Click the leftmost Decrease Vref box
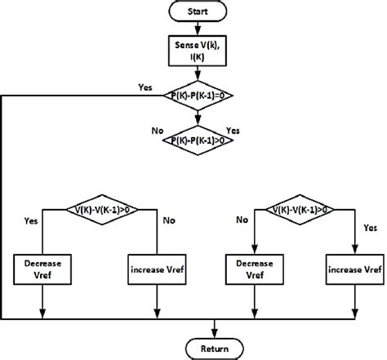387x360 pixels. [43, 269]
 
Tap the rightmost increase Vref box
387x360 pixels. [354, 269]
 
